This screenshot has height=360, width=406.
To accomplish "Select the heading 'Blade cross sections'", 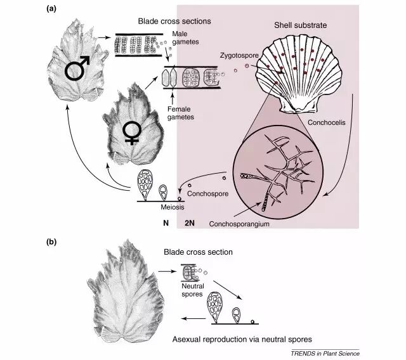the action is point(174,22).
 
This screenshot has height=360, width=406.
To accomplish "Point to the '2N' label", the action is point(189,223).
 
